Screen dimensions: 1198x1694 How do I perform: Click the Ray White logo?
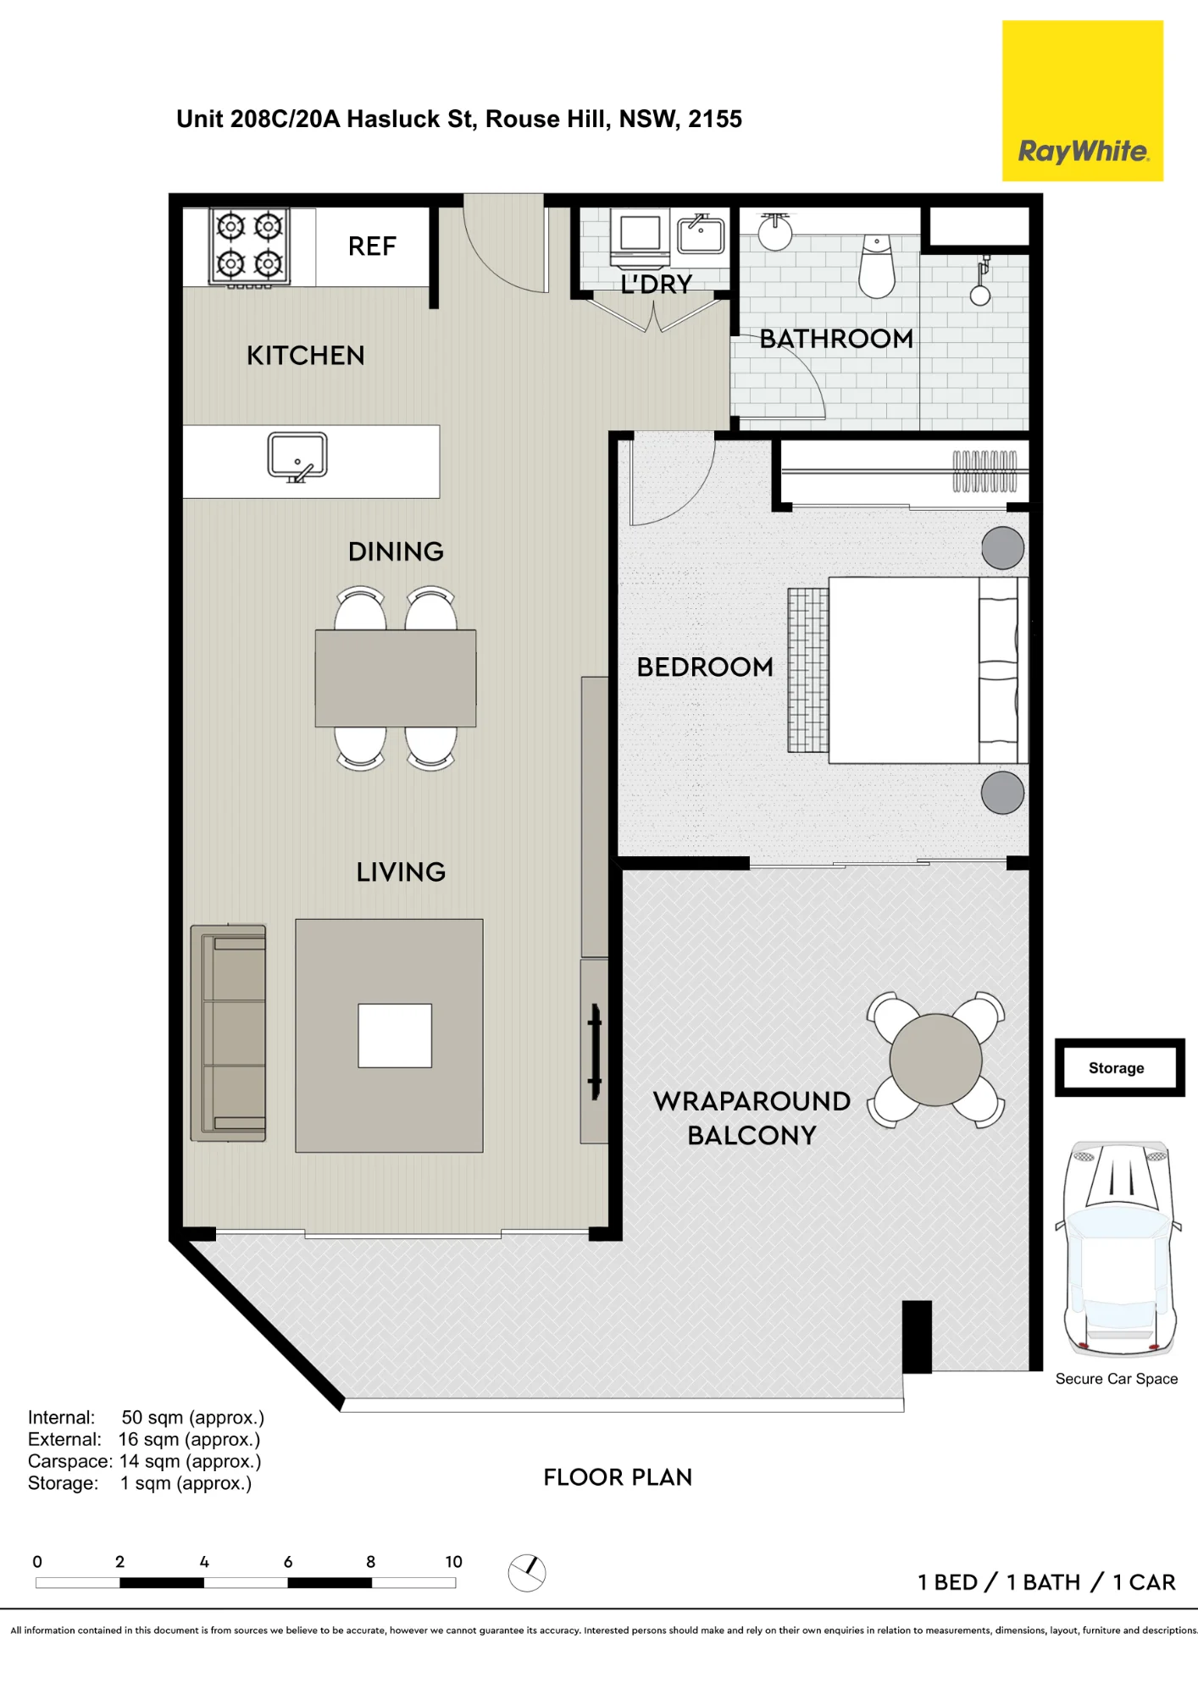[x=1082, y=101]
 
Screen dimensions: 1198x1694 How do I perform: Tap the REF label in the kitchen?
[x=372, y=246]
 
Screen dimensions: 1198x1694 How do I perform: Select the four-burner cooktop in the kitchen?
[x=250, y=247]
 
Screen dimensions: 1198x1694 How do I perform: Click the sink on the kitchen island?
[x=297, y=457]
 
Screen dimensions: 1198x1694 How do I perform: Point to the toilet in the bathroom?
[x=877, y=266]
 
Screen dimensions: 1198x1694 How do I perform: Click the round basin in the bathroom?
[x=775, y=232]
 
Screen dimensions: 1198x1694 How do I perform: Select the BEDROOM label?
[x=705, y=667]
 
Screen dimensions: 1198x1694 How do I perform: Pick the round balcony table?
[x=935, y=1060]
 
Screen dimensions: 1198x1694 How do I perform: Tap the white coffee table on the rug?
[x=395, y=1036]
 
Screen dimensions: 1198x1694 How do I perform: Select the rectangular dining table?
[x=396, y=678]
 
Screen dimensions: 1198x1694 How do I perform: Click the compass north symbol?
[x=527, y=1573]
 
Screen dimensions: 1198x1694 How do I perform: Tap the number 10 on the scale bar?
[x=454, y=1562]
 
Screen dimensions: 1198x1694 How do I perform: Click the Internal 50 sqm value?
[x=193, y=1418]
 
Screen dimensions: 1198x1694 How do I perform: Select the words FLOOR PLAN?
[x=618, y=1477]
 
